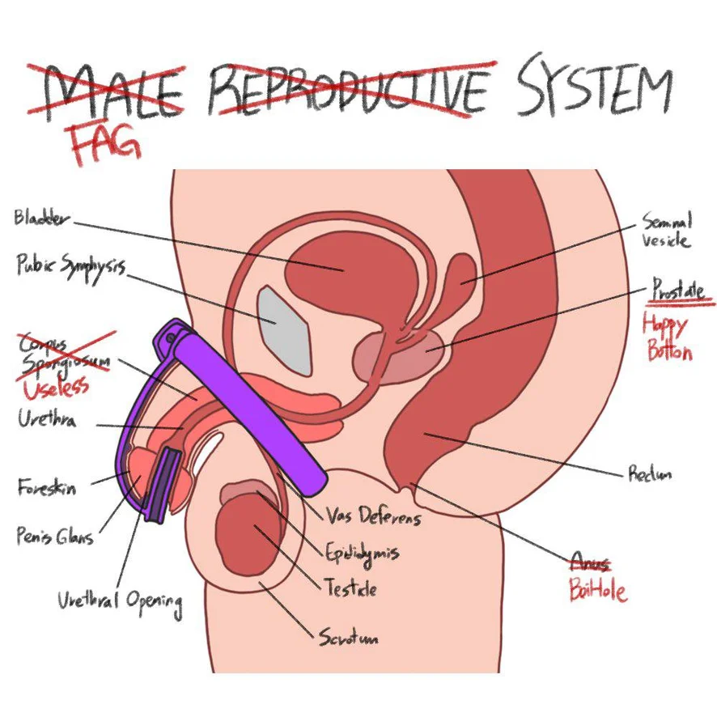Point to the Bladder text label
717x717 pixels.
coord(42,218)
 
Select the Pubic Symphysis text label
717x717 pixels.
coord(70,265)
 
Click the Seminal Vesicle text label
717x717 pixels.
coord(666,230)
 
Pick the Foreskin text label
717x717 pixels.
coord(47,488)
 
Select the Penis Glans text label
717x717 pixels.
coord(54,536)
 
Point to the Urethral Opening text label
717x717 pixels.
coord(119,600)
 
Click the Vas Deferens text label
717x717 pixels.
coord(373,515)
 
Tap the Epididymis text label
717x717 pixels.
coord(362,554)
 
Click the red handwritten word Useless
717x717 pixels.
coord(55,388)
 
